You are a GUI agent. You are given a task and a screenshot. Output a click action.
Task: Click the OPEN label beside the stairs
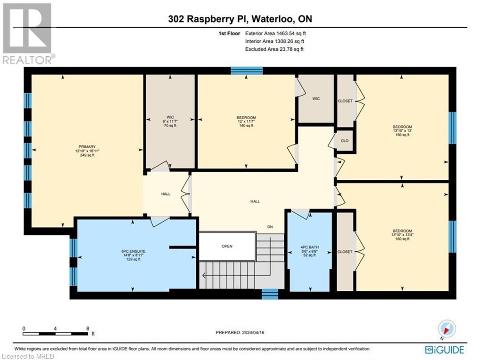(x=227, y=246)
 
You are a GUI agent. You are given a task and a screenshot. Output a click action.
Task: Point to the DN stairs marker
(x=270, y=227)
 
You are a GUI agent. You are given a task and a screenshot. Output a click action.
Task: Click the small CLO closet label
(x=345, y=140)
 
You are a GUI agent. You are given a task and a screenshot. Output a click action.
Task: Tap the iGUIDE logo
(x=444, y=350)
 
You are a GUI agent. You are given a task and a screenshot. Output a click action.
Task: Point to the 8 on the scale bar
(x=88, y=328)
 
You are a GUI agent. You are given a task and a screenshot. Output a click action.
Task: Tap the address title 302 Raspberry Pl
(x=241, y=19)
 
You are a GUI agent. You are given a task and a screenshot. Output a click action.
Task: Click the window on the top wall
(x=246, y=71)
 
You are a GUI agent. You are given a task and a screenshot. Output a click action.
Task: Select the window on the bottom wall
(x=270, y=295)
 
